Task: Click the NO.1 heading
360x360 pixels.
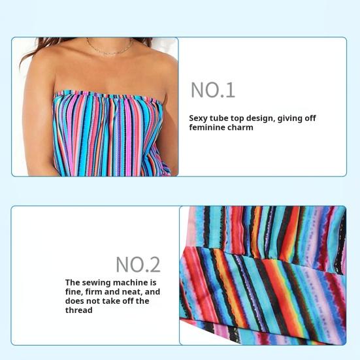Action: coord(212,90)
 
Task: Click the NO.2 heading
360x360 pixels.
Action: coord(138,265)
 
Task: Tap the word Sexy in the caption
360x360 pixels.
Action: coord(198,119)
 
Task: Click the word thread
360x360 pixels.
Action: coord(78,310)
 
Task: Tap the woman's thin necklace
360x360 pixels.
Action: coord(110,50)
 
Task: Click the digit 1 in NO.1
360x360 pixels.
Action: coord(229,90)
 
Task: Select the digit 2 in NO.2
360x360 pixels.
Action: coord(154,265)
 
